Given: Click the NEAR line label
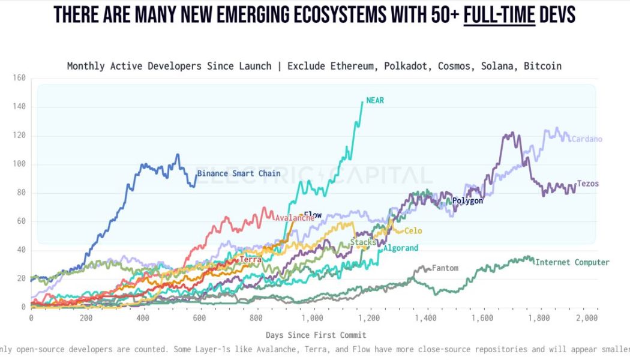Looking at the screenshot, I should (x=375, y=101).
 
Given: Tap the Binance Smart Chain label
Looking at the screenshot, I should (x=239, y=173).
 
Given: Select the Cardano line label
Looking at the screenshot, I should (x=586, y=139).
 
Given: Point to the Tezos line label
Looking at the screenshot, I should (x=587, y=183).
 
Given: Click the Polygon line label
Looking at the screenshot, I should (x=467, y=201).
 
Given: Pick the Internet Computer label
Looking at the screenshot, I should (x=572, y=262).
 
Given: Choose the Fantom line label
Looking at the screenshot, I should (x=445, y=268).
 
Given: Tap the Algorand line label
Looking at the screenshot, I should (x=401, y=248).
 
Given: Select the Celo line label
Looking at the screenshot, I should (x=413, y=230).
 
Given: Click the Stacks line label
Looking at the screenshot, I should (x=363, y=242).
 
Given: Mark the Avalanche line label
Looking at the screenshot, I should (x=294, y=218).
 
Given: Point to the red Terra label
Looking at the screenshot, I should (x=250, y=260).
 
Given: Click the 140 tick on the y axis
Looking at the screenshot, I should (x=19, y=107).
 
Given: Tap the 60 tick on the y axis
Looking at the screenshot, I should (x=21, y=221).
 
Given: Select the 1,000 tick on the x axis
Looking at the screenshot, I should (x=312, y=318).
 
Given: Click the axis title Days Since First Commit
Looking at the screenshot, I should (x=316, y=335).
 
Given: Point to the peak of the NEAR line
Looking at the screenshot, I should (x=362, y=101).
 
